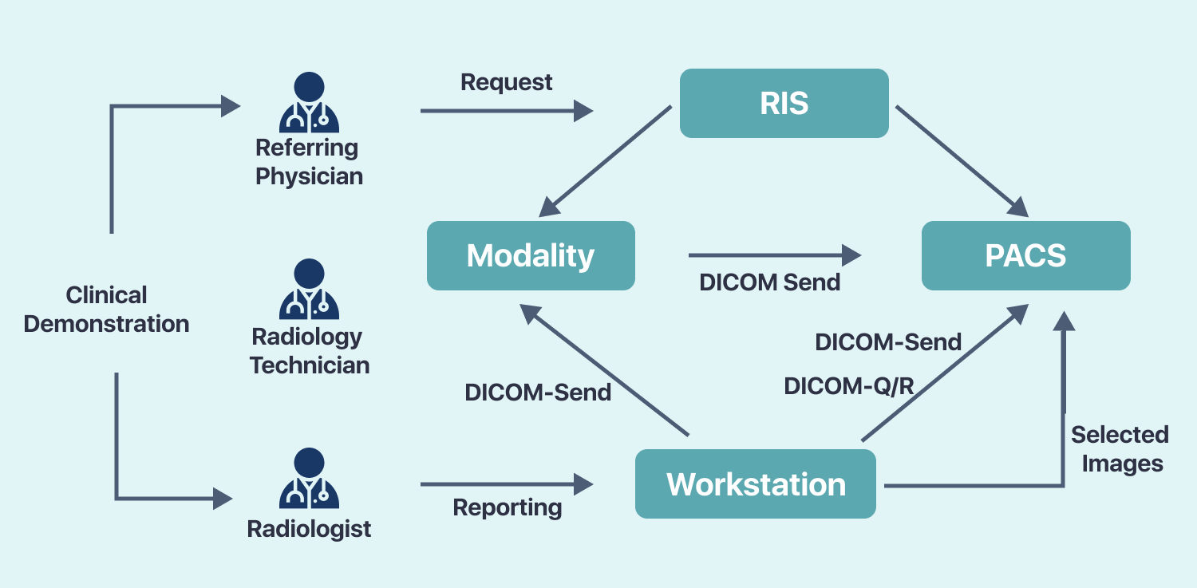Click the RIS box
(x=784, y=104)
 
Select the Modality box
(x=531, y=256)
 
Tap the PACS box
(x=1025, y=256)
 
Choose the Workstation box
(x=755, y=484)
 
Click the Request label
(x=507, y=82)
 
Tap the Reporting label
(x=508, y=507)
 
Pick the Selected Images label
(x=1120, y=449)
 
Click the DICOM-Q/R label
(x=848, y=386)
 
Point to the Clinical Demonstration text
(x=106, y=310)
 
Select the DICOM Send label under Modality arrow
(x=769, y=282)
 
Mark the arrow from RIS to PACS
(x=960, y=160)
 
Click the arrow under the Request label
(x=507, y=111)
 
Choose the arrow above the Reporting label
(x=507, y=483)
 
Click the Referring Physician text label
(x=309, y=162)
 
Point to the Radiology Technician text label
(x=309, y=351)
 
